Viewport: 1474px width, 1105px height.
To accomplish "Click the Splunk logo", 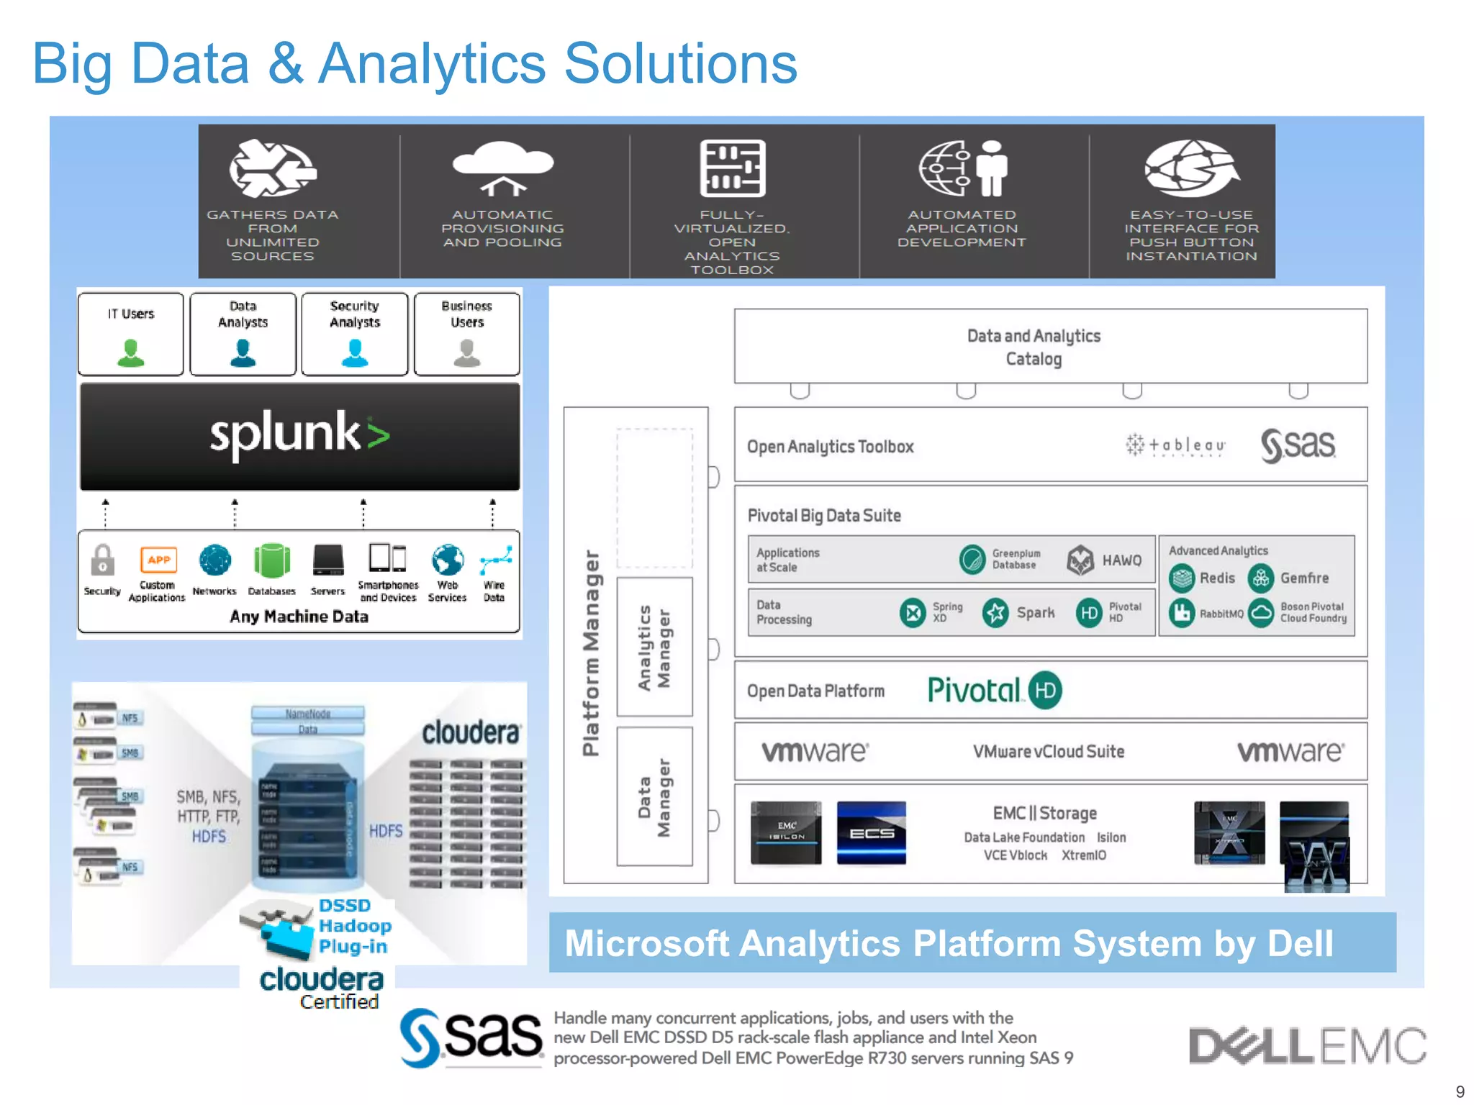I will point(299,435).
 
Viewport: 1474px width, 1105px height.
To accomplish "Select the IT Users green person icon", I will point(131,353).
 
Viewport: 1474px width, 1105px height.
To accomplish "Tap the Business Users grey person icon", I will point(467,353).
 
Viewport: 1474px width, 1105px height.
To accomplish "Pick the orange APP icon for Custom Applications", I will point(158,560).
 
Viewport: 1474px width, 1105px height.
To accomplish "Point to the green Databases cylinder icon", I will point(272,561).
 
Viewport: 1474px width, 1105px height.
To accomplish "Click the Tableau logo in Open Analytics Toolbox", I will point(1175,445).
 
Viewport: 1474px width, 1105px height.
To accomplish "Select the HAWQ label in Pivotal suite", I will point(1121,560).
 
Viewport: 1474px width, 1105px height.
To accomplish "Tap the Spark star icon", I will point(995,613).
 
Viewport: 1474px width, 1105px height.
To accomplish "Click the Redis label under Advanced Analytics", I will point(1217,578).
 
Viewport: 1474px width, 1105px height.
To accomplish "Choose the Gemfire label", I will point(1304,578).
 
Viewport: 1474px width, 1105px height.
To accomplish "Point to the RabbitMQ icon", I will point(1181,613).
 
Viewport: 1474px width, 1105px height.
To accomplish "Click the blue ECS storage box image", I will point(871,833).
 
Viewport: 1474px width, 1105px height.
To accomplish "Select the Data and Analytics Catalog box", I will point(1050,347).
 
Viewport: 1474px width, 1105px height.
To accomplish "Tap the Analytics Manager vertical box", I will point(654,647).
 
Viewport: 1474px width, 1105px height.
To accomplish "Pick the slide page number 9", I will point(1460,1091).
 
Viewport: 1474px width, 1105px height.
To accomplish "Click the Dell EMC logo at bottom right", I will point(1306,1045).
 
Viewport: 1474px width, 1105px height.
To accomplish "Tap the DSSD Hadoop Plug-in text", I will point(354,926).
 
